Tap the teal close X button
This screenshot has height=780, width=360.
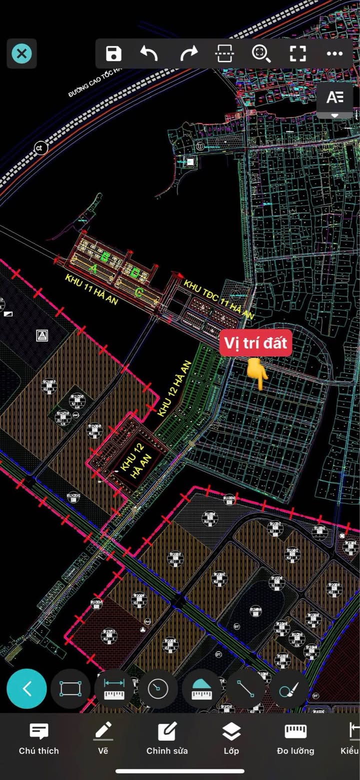(21, 54)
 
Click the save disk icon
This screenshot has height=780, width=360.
(114, 54)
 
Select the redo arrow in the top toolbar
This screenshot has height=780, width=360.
(189, 54)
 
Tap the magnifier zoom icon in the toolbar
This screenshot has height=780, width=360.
(261, 54)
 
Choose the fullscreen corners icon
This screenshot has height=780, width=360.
(298, 54)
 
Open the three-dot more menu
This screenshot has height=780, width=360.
(334, 54)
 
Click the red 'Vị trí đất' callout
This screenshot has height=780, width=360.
(255, 343)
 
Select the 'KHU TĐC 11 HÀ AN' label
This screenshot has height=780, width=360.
(219, 299)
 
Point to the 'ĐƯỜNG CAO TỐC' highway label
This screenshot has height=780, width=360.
(95, 83)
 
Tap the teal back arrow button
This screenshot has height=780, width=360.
(27, 688)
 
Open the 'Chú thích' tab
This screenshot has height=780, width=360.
(38, 738)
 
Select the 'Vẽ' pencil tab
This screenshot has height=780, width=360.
(103, 738)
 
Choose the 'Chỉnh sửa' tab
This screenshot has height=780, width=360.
(167, 738)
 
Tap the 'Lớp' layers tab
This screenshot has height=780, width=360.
(231, 738)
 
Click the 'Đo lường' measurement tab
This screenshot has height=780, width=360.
(295, 738)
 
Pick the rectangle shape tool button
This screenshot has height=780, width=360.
(70, 688)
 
